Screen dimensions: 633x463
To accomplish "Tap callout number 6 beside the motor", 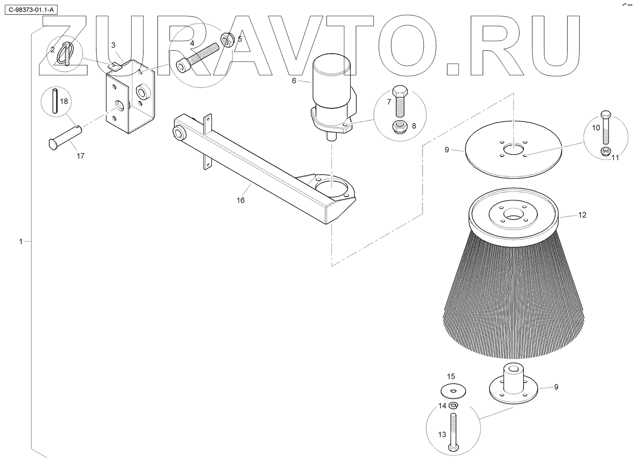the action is click(x=294, y=81).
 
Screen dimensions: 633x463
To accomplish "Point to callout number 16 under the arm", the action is click(x=241, y=201).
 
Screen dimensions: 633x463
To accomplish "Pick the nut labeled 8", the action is click(x=399, y=126).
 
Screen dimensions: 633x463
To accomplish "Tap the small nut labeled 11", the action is click(x=604, y=151).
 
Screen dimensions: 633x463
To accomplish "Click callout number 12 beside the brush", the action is click(x=582, y=215).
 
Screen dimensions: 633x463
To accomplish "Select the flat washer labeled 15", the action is click(x=451, y=390).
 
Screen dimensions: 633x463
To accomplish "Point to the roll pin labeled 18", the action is click(x=56, y=101).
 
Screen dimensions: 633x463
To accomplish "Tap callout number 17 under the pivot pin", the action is click(x=81, y=156).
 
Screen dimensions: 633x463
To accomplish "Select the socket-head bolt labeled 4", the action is click(x=197, y=56).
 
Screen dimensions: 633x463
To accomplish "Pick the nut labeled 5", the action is click(x=226, y=39).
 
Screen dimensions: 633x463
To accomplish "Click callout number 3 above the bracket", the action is click(x=113, y=45).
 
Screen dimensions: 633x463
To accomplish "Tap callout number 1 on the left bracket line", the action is click(x=20, y=241).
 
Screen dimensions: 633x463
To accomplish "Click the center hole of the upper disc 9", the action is click(x=514, y=150).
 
